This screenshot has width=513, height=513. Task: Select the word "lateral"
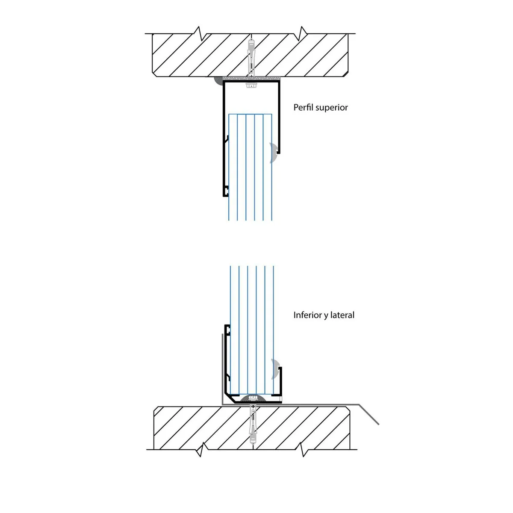(x=342, y=315)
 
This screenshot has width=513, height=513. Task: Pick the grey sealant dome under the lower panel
(x=254, y=398)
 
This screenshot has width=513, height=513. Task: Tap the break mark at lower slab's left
(x=200, y=450)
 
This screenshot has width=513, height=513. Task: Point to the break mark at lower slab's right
(x=304, y=450)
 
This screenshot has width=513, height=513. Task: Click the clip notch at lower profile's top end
(x=227, y=330)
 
